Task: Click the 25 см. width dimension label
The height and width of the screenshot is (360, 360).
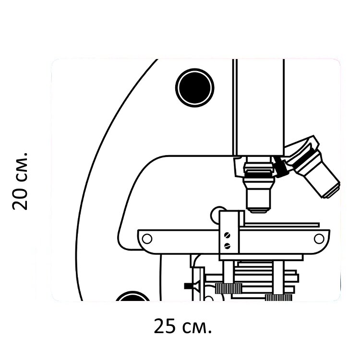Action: click(182, 326)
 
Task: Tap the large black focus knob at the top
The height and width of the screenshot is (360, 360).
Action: click(195, 88)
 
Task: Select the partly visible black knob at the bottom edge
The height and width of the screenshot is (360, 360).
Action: click(132, 296)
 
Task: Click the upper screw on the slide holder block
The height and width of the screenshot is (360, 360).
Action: click(228, 235)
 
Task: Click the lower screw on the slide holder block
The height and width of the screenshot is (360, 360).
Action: click(228, 246)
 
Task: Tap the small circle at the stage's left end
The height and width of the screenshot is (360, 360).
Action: click(147, 239)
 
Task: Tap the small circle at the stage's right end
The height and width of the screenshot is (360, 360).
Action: click(319, 239)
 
